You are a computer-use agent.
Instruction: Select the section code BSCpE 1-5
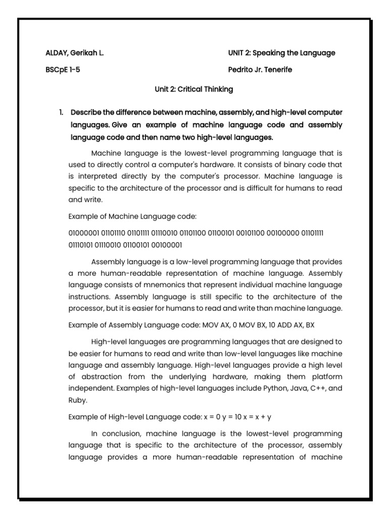62,70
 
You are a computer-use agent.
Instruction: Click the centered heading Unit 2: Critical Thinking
193,89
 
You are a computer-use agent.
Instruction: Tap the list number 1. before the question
61,112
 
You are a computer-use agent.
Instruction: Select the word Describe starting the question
87,112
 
